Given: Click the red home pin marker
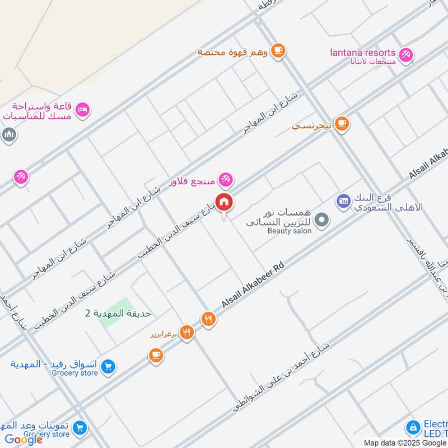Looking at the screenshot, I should click(x=225, y=202).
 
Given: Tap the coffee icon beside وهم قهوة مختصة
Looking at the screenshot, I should click(x=278, y=51).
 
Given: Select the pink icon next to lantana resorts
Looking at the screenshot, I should click(x=407, y=54).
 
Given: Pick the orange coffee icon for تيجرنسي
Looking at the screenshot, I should click(x=342, y=124).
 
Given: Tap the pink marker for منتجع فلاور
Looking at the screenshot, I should click(x=226, y=180).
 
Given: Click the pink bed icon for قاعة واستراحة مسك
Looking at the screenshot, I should click(x=82, y=110).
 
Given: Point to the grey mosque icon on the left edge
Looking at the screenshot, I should click(x=8, y=135).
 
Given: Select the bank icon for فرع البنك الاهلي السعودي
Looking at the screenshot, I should click(x=343, y=200).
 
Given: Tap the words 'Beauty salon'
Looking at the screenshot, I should click(x=289, y=231).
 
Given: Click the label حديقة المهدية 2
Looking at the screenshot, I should click(x=118, y=313).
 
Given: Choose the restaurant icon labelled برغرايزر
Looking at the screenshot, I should click(x=187, y=333).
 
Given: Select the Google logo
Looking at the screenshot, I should click(x=24, y=440).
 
